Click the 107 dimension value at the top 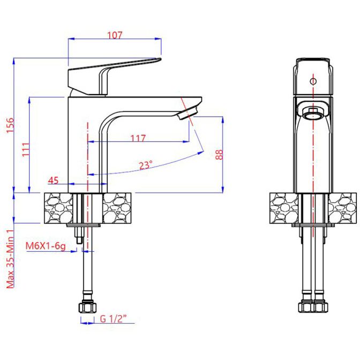coord(115,35)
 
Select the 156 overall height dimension coord(10,125)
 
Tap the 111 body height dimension coord(26,149)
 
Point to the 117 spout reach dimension coord(138,138)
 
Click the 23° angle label coord(146,165)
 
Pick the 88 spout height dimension coord(219,154)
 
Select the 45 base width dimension coord(53,181)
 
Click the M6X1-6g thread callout coord(46,246)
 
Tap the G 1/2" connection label coord(114,319)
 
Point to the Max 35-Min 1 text coord(10,259)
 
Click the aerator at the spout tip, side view coord(188,113)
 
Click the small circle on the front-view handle coord(313,81)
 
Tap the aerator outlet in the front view coord(313,113)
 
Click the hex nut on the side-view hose coord(87,307)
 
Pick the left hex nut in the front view coord(306,307)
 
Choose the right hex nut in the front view coord(320,307)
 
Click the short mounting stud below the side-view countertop coord(79,235)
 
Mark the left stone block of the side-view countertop coord(58,208)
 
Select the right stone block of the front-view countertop coord(342,208)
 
